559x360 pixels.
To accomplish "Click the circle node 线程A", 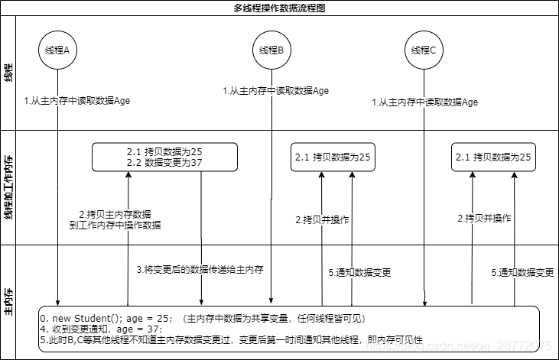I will (x=57, y=50).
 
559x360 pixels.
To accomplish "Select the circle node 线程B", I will (x=271, y=50).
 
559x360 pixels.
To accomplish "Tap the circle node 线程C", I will (x=424, y=50).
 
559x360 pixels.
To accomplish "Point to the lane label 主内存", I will (x=8, y=303).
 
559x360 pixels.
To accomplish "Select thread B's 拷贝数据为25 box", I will (x=333, y=157).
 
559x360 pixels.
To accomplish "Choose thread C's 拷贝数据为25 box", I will (x=493, y=157).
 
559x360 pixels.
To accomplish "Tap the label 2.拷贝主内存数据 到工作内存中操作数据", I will (x=115, y=219).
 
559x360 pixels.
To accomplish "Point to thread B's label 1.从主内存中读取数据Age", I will (x=275, y=90).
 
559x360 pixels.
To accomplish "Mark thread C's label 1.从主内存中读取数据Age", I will (x=425, y=102).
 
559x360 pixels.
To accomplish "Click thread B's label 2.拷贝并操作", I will (x=322, y=219).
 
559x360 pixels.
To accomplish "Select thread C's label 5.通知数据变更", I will (x=522, y=272).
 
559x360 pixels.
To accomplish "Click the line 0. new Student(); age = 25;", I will (x=107, y=318).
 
